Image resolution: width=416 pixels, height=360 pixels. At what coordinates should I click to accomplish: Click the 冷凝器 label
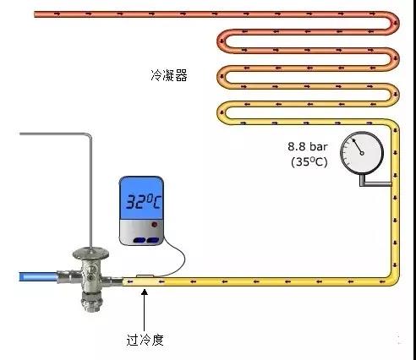(x=169, y=75)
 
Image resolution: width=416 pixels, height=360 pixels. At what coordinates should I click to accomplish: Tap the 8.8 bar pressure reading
(x=308, y=146)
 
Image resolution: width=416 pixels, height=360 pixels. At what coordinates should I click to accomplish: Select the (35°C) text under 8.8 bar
(x=309, y=162)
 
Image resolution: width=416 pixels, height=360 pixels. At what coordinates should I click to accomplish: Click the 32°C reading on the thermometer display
(x=143, y=201)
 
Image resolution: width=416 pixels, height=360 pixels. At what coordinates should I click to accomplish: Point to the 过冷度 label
(x=145, y=340)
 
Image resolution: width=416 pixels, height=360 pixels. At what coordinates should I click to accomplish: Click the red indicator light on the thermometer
(x=154, y=225)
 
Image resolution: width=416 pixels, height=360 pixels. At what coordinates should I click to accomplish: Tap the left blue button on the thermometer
(x=140, y=240)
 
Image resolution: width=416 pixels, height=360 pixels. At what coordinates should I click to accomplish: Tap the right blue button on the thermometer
(x=153, y=240)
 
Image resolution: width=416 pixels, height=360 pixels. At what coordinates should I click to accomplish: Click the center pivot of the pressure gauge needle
(x=362, y=153)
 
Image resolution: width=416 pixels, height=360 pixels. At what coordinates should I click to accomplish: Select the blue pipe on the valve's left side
(x=38, y=276)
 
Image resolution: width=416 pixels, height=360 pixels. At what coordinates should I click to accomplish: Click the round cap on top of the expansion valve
(x=90, y=253)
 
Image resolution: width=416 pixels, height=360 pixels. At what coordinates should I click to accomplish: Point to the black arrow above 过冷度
(x=145, y=310)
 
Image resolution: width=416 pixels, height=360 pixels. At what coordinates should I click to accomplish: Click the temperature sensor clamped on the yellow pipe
(x=145, y=276)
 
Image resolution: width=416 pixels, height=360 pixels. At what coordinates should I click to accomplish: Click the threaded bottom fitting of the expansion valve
(x=90, y=302)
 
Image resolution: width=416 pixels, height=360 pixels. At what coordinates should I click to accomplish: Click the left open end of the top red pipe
(x=35, y=14)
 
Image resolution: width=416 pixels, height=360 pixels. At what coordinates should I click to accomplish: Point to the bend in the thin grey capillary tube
(x=90, y=135)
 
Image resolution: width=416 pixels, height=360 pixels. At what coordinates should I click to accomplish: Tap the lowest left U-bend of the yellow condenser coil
(x=222, y=112)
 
